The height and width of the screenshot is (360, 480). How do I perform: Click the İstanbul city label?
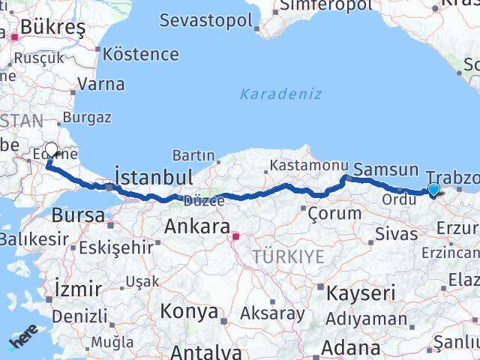[153, 177]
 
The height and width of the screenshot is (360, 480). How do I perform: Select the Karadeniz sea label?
[281, 94]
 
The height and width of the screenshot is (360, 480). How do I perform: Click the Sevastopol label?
[205, 20]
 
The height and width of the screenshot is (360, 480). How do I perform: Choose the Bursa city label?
[78, 215]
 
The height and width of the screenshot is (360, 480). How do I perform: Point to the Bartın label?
[193, 155]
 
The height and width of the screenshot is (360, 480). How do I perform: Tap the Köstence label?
[141, 54]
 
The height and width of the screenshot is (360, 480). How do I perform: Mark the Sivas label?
[395, 234]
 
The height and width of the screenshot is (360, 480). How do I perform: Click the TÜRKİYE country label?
[288, 256]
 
